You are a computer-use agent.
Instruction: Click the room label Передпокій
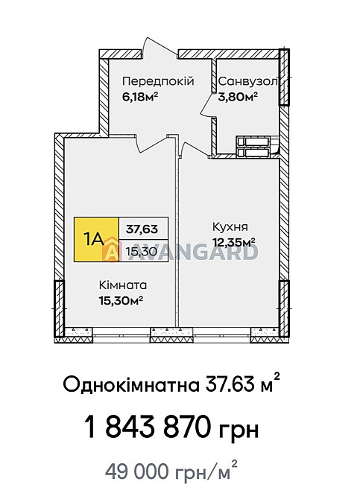click(x=157, y=81)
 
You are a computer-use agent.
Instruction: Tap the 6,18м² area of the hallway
click(x=141, y=96)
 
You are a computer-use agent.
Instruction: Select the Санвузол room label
click(x=247, y=81)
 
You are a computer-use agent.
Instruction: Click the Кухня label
click(x=230, y=227)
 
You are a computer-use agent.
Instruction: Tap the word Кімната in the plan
click(x=123, y=285)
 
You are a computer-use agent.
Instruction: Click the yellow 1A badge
click(x=96, y=238)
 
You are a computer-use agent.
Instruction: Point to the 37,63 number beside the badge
click(x=142, y=227)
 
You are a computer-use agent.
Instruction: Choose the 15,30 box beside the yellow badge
click(x=141, y=251)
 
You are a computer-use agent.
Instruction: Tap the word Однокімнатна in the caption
click(x=131, y=386)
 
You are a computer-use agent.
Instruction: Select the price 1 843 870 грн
click(x=172, y=430)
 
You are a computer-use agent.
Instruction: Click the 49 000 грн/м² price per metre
click(x=172, y=471)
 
